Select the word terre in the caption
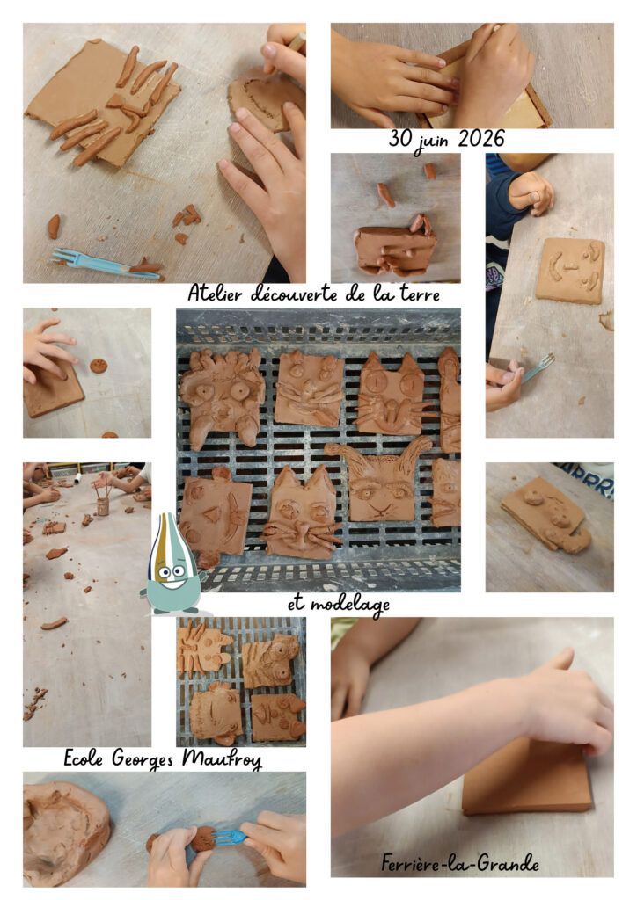420,294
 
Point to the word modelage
350,605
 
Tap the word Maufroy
222,758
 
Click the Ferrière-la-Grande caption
460,863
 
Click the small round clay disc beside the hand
99,365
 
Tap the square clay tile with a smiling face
570,270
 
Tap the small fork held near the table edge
538,367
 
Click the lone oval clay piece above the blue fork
54,227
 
